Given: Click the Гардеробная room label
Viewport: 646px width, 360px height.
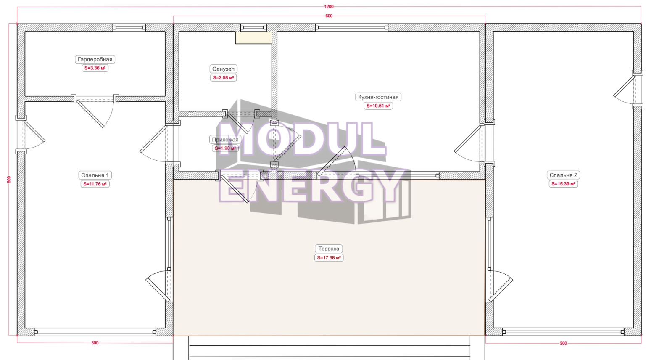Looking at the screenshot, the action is coord(95,59).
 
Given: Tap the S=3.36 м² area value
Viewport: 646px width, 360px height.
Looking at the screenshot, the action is coord(95,68).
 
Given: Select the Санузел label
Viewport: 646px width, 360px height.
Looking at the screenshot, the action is coord(223,69).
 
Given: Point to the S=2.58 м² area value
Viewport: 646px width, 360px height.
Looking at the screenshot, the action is coord(223,78).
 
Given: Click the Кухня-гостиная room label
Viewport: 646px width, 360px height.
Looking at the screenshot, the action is coord(378,97).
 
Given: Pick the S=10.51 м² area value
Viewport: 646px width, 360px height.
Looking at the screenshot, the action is coord(378,106).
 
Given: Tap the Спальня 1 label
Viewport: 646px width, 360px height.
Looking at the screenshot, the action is coord(95,175).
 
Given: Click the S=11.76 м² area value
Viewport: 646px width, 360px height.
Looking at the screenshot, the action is coord(95,184).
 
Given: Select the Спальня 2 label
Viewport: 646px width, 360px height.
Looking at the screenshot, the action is coord(563,175).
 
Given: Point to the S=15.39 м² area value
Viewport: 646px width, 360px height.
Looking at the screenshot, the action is coord(563,184).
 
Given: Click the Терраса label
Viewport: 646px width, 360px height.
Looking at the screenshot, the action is coord(329,249).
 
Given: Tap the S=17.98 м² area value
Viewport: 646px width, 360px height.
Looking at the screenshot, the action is coord(329,258).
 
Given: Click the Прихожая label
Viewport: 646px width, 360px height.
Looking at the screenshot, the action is coord(225,140).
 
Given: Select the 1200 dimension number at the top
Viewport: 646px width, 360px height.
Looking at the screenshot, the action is coord(329,7).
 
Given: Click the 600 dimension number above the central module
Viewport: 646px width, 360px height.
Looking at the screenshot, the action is coord(329,16).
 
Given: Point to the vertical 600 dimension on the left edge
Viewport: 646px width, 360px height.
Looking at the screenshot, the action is coord(9,180).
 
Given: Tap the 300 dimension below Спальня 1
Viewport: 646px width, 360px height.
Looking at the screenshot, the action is coord(95,343).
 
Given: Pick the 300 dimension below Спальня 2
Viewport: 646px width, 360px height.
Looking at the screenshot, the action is coord(563,343).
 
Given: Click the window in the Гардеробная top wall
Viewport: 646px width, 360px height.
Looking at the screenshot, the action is coord(129,28).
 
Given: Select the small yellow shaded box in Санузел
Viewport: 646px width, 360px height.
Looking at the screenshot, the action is coord(254,37).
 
